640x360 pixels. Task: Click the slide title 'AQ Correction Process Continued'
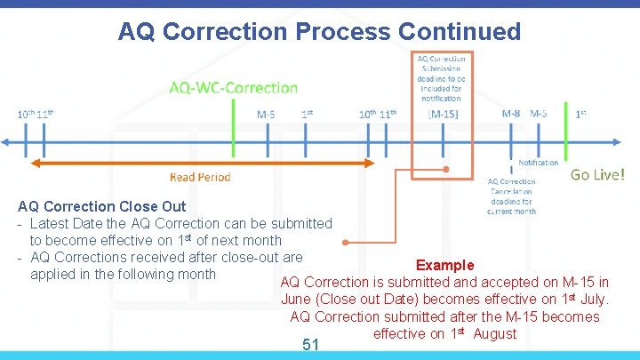[x=319, y=32]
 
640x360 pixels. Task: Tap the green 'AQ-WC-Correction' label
[x=234, y=87]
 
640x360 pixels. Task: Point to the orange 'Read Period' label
[x=200, y=177]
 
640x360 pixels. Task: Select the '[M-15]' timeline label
[x=443, y=115]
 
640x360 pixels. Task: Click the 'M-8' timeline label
[x=511, y=114]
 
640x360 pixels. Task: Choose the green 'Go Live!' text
[x=597, y=175]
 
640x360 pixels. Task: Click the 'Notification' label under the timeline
[x=538, y=163]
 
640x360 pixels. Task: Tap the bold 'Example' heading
[x=444, y=265]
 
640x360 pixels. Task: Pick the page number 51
[x=310, y=344]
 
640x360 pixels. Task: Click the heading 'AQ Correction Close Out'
[x=102, y=206]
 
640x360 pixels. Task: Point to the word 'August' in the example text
[x=495, y=333]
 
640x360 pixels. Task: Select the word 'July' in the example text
[x=595, y=299]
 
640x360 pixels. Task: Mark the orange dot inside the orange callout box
[x=445, y=169]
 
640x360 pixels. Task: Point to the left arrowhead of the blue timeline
[x=7, y=141]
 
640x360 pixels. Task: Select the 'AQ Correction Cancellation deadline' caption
[x=511, y=196]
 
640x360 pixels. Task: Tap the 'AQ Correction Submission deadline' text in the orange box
[x=442, y=78]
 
